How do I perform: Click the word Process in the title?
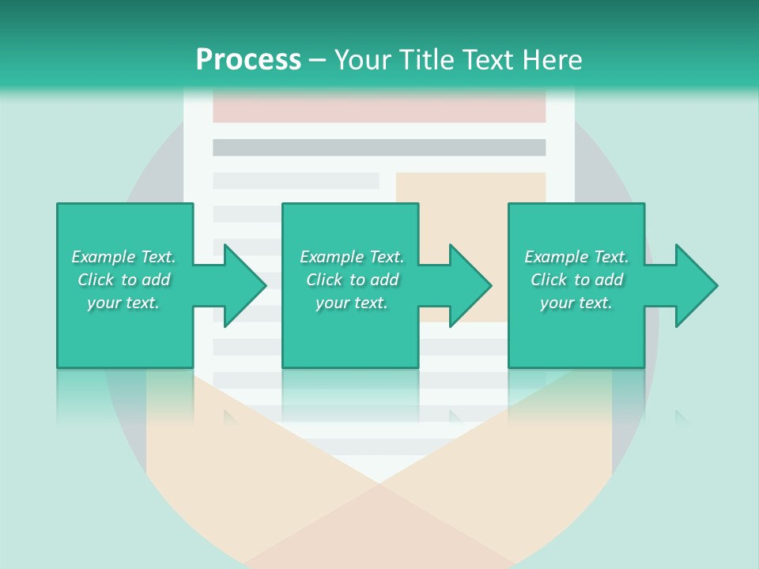point(248,60)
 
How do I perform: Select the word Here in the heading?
point(553,60)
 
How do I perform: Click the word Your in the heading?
point(363,60)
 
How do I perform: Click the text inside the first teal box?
point(123,280)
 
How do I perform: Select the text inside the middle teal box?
point(352,280)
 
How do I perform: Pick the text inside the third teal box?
point(576,280)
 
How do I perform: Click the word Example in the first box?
point(103,257)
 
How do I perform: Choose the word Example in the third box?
point(556,257)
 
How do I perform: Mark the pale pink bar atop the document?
point(379,107)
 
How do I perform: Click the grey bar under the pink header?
point(379,148)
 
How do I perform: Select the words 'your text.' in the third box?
point(576,303)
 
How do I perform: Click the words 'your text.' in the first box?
point(123,303)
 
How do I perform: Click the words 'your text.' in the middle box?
point(352,303)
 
